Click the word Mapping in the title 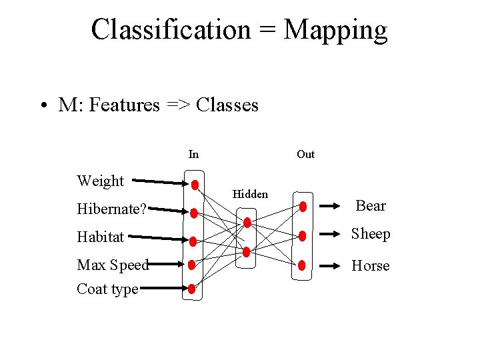click(335, 30)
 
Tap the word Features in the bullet click(125, 105)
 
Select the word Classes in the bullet click(228, 105)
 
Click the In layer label click(193, 155)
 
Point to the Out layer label click(305, 155)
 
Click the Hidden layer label click(250, 194)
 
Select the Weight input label click(100, 181)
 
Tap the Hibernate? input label click(111, 209)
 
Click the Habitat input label click(101, 237)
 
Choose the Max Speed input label click(112, 265)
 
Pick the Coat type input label click(107, 289)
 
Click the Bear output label click(371, 205)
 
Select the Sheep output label click(371, 234)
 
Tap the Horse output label click(371, 265)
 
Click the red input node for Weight click(194, 185)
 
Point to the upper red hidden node click(247, 223)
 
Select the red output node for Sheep click(303, 235)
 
